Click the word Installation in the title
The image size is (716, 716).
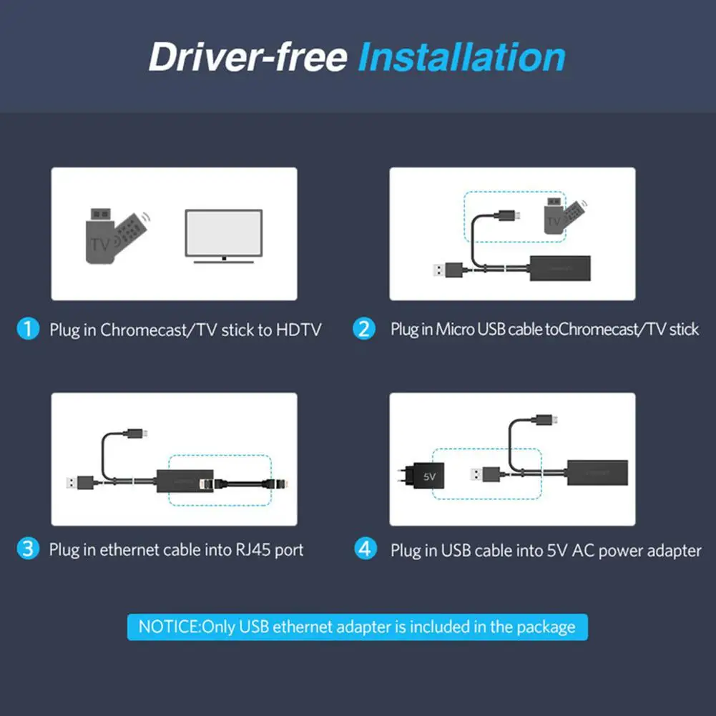point(461,57)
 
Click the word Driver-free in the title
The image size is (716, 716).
point(247,57)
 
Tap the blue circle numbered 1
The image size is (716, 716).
point(28,329)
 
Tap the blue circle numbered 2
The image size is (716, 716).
point(365,329)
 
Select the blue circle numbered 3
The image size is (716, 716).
point(28,549)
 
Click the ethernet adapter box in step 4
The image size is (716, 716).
point(597,474)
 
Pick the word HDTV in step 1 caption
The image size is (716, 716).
point(298,330)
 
